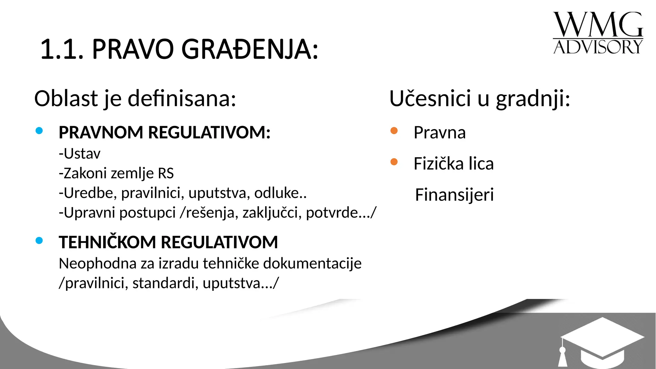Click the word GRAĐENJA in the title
[x=250, y=49]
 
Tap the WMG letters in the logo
[x=598, y=25]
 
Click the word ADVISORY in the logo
[x=598, y=47]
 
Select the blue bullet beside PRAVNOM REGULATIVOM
[x=39, y=131]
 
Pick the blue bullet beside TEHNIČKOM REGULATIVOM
[x=39, y=241]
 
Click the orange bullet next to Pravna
[x=394, y=131]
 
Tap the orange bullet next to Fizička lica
[x=394, y=162]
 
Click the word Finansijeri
[x=454, y=195]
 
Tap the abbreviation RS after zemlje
[x=166, y=173]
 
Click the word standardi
[x=165, y=283]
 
